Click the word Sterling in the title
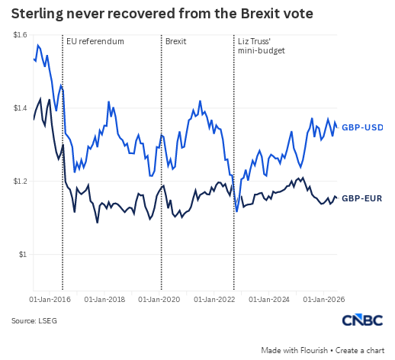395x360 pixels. point(37,14)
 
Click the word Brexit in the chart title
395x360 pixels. point(259,13)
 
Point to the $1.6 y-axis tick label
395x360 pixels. point(20,35)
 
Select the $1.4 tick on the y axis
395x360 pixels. point(20,108)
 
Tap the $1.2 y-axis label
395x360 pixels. point(20,182)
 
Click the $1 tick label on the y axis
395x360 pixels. point(23,254)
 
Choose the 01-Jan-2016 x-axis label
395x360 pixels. point(50,300)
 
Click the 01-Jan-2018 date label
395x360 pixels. point(104,300)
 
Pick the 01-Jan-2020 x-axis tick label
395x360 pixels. point(159,300)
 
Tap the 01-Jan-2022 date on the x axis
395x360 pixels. point(214,300)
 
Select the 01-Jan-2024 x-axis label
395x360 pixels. point(269,300)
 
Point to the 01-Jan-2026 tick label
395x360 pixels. point(324,300)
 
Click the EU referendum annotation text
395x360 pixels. point(95,41)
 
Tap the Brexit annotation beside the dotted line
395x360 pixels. point(175,41)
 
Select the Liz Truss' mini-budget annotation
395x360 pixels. point(262,46)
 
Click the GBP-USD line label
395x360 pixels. point(362,127)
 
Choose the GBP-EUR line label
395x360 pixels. point(361,198)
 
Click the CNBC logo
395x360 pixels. point(362,320)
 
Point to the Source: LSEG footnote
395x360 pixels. point(34,321)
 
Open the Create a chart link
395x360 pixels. point(360,350)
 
